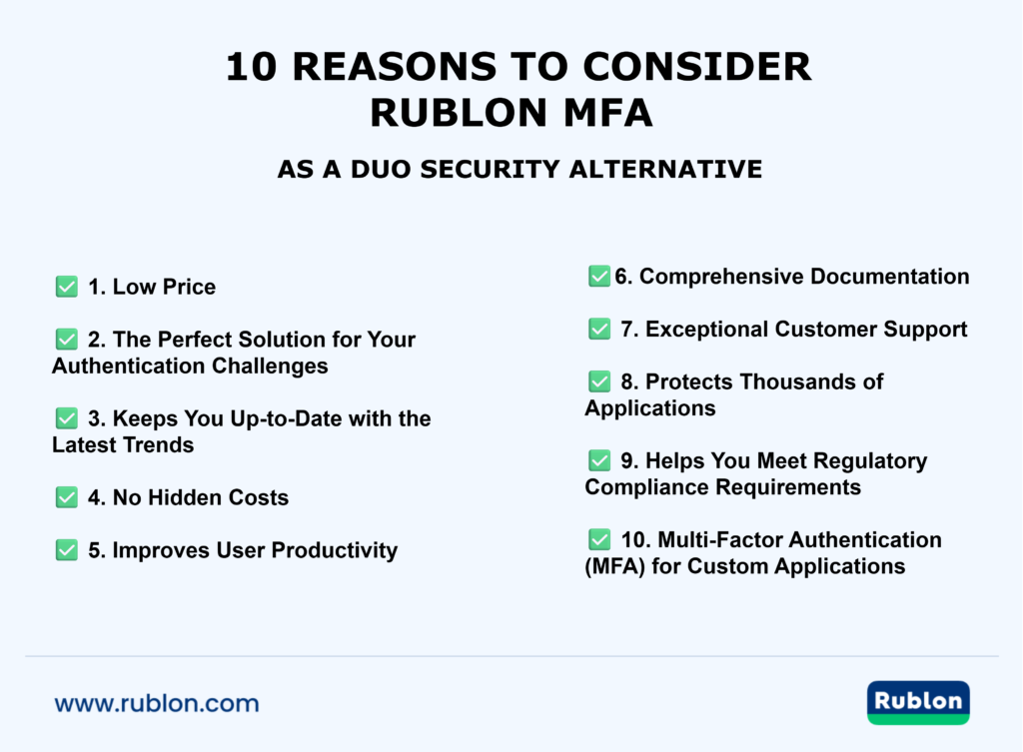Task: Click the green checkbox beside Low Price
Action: point(67,288)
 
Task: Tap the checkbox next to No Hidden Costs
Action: point(67,497)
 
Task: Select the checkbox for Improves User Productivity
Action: point(67,550)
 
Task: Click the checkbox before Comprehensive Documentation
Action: point(599,277)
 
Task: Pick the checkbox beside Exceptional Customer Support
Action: point(599,329)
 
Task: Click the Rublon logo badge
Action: point(918,702)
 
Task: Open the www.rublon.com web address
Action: point(157,703)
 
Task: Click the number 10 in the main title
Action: point(248,67)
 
